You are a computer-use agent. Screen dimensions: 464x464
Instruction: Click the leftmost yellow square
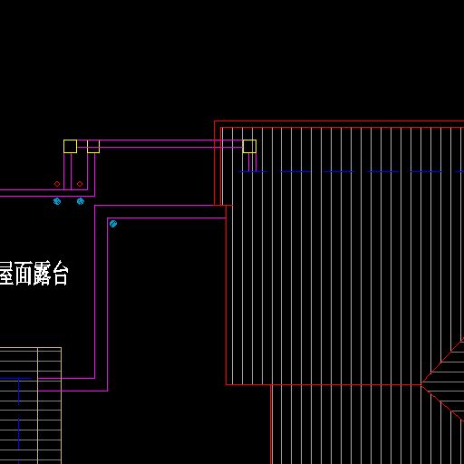pyautogui.click(x=70, y=146)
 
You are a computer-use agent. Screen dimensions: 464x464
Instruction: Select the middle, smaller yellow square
pyautogui.click(x=93, y=147)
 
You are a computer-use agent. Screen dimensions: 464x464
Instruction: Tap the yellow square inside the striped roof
pyautogui.click(x=249, y=146)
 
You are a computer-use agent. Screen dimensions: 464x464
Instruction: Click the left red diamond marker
pyautogui.click(x=57, y=184)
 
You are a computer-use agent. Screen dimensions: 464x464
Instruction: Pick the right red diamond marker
pyautogui.click(x=80, y=184)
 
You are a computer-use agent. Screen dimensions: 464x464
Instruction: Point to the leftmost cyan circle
pyautogui.click(x=57, y=201)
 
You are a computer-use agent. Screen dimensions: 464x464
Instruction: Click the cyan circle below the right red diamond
pyautogui.click(x=81, y=201)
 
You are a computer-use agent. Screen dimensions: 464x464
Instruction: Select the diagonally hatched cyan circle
pyautogui.click(x=113, y=224)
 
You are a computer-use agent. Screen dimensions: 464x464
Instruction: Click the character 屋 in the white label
pyautogui.click(x=6, y=274)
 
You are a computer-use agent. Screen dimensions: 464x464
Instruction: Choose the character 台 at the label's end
pyautogui.click(x=60, y=274)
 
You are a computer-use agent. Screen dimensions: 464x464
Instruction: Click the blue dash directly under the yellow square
pyautogui.click(x=253, y=171)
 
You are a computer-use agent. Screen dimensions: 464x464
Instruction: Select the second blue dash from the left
pyautogui.click(x=295, y=171)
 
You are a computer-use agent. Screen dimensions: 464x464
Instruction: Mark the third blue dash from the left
pyautogui.click(x=339, y=171)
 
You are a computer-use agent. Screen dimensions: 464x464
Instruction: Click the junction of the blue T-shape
pyautogui.click(x=19, y=378)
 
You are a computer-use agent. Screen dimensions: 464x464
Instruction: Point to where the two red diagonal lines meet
pyautogui.click(x=420, y=384)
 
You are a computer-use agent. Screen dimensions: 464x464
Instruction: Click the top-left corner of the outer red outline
pyautogui.click(x=215, y=121)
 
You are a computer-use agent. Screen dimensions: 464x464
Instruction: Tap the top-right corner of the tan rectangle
pyautogui.click(x=61, y=348)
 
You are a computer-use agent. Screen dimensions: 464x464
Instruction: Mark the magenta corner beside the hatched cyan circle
pyautogui.click(x=108, y=217)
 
